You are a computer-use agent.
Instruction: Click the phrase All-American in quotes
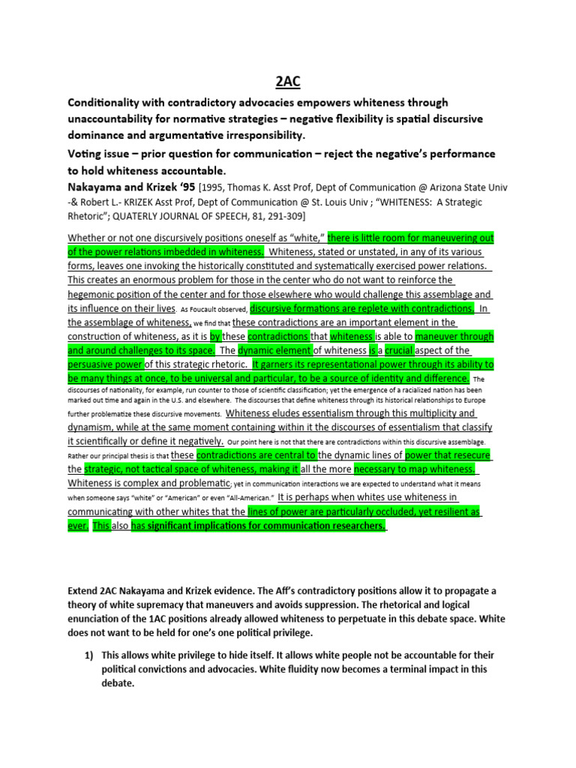tap(235, 497)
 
